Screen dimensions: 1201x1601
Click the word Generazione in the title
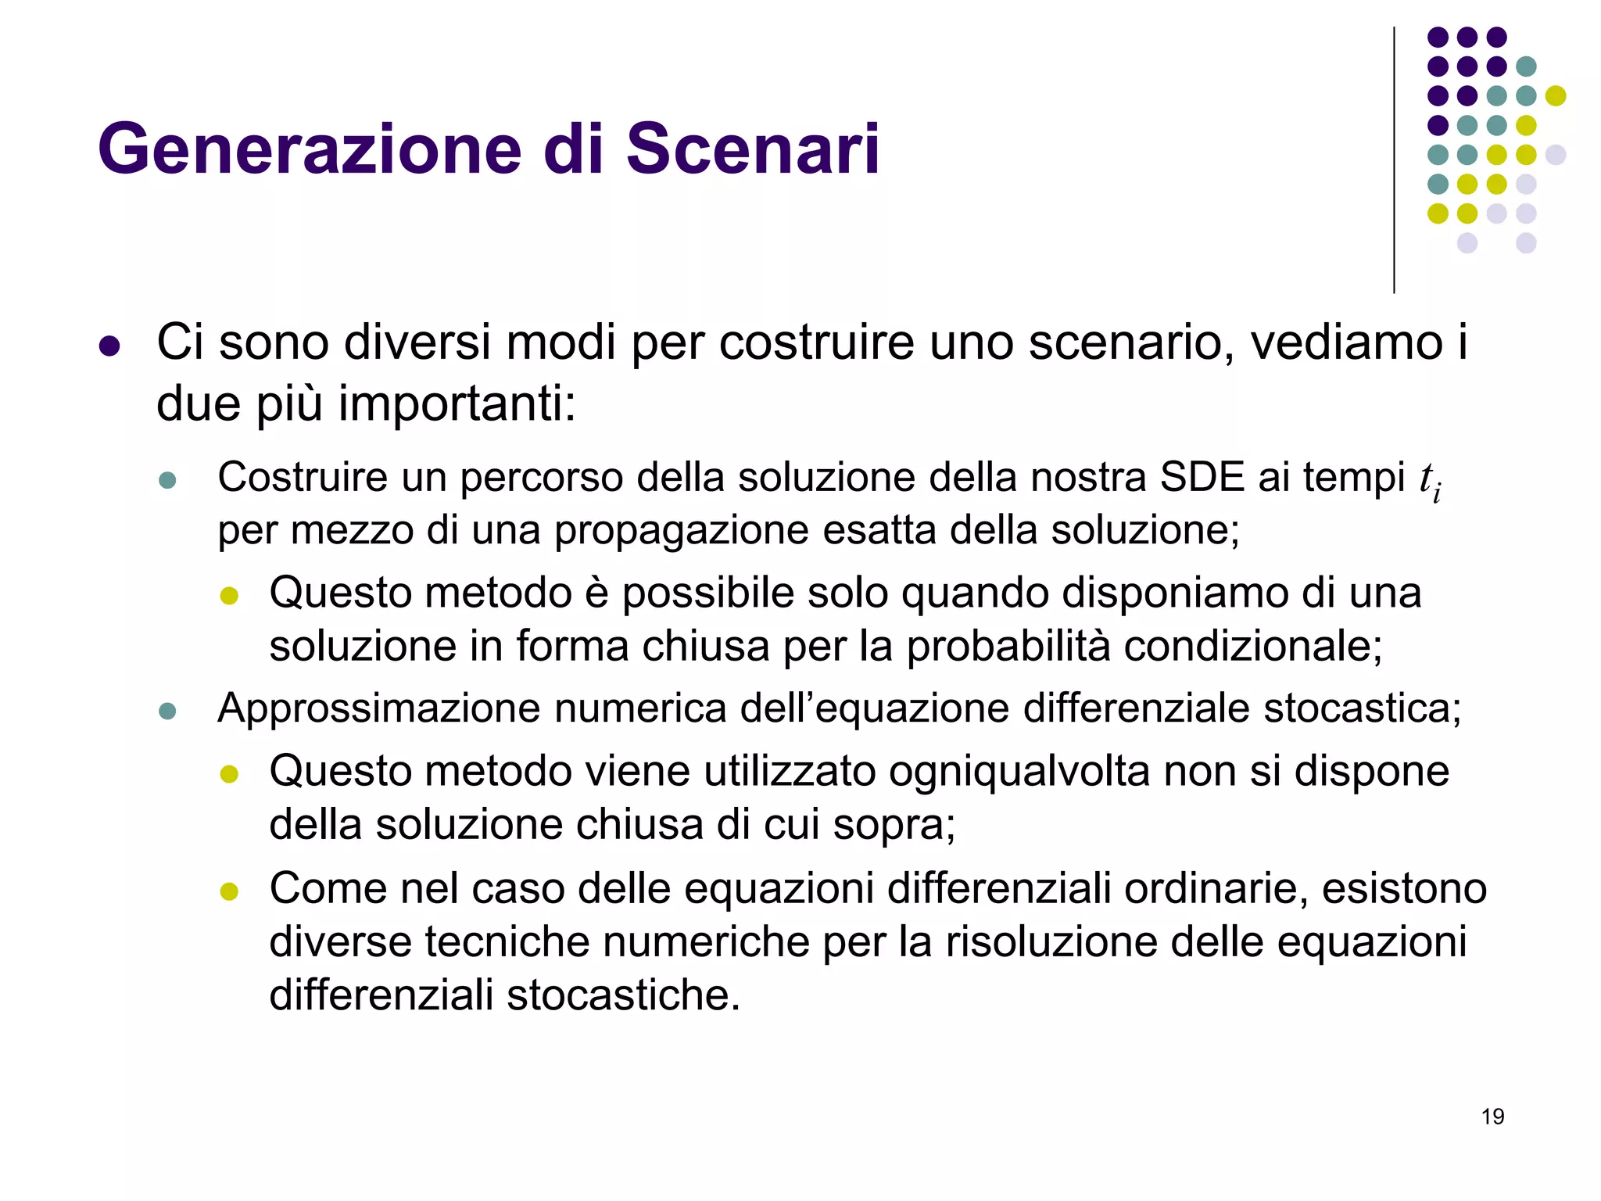click(x=309, y=149)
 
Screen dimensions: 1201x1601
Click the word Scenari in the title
click(x=752, y=149)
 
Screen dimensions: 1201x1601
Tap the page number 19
click(x=1492, y=1117)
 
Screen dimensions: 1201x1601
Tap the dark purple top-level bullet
click(x=109, y=346)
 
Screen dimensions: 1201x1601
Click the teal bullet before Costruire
click(x=167, y=479)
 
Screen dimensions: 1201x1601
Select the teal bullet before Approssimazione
click(x=167, y=711)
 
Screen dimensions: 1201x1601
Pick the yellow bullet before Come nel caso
click(x=229, y=891)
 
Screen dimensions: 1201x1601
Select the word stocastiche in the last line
click(x=621, y=995)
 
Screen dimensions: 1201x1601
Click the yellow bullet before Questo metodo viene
click(x=229, y=774)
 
